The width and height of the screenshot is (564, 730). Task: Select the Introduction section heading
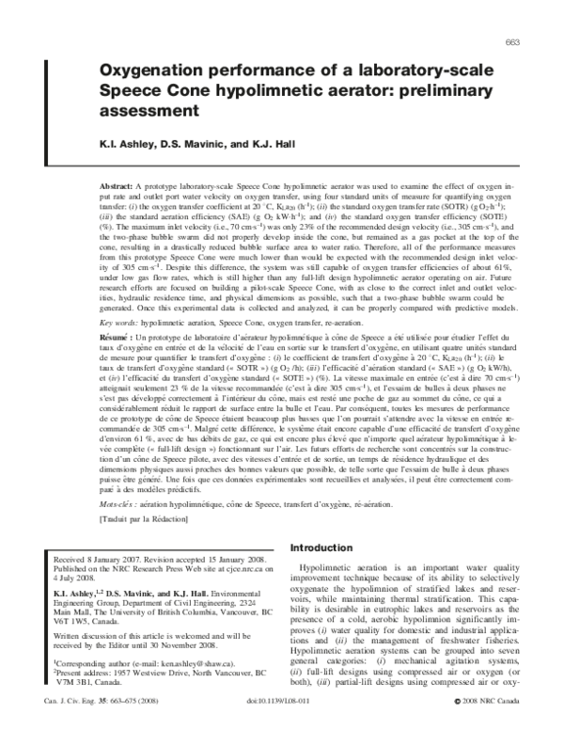pyautogui.click(x=322, y=547)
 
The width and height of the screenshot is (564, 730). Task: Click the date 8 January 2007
pyautogui.click(x=136, y=557)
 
